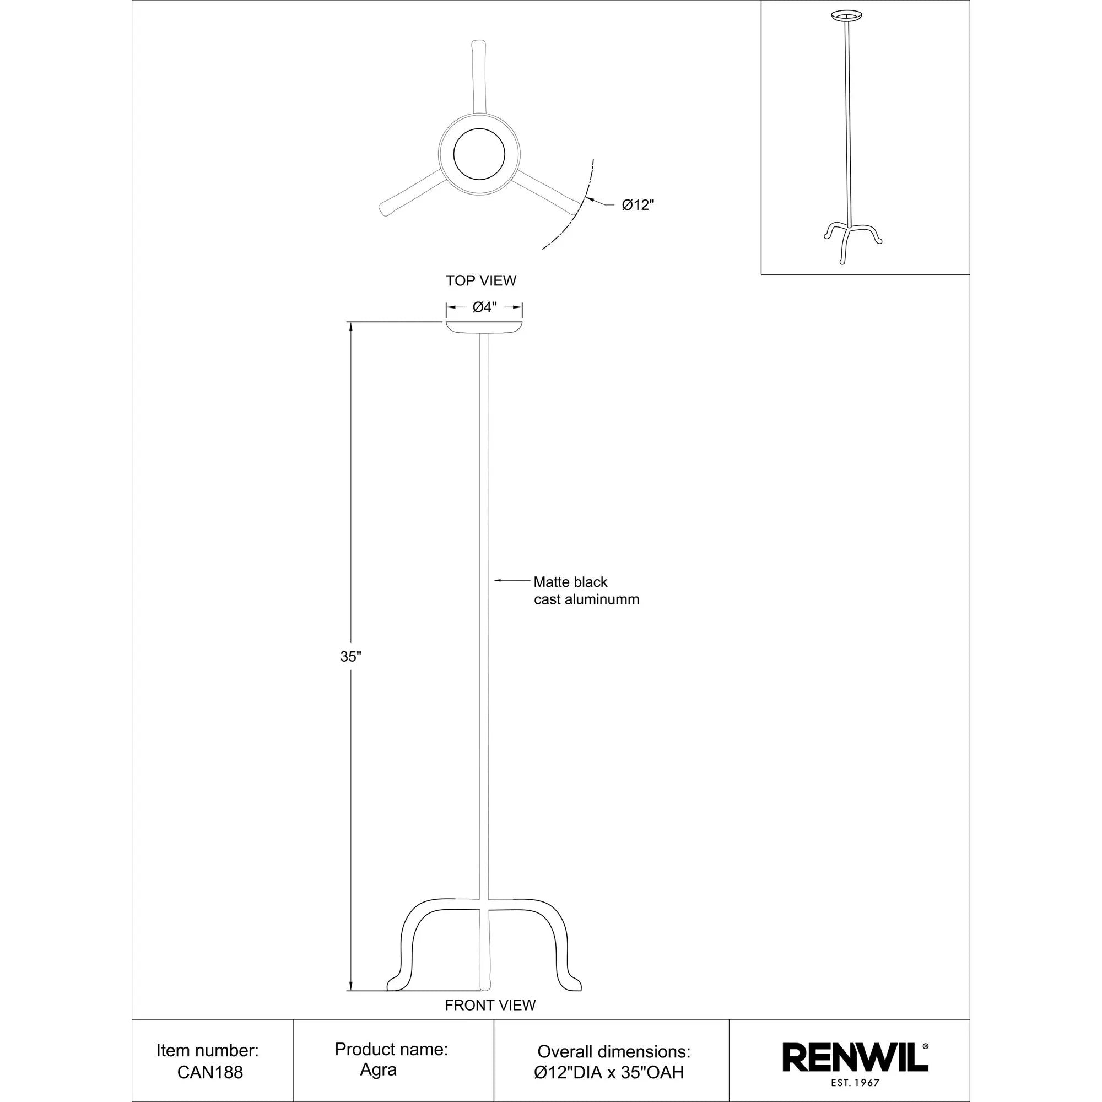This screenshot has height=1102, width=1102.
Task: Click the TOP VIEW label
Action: click(x=481, y=280)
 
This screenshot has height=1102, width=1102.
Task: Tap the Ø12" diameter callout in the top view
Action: click(x=638, y=206)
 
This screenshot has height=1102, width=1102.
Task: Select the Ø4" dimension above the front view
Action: click(x=485, y=307)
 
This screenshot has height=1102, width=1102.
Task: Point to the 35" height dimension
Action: click(x=351, y=657)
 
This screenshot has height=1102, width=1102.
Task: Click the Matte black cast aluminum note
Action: click(x=586, y=591)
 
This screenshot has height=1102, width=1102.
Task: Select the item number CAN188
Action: click(x=210, y=1072)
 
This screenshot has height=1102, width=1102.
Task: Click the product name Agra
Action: click(x=378, y=1070)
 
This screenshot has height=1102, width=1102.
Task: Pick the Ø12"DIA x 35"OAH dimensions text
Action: click(x=609, y=1073)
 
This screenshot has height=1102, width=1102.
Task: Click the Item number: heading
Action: click(x=208, y=1051)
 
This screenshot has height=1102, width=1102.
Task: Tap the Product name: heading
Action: click(x=391, y=1049)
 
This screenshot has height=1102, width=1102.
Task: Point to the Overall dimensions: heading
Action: click(x=614, y=1051)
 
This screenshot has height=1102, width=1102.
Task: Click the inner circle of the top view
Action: click(x=479, y=155)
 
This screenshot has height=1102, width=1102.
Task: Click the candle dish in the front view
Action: click(x=484, y=327)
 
